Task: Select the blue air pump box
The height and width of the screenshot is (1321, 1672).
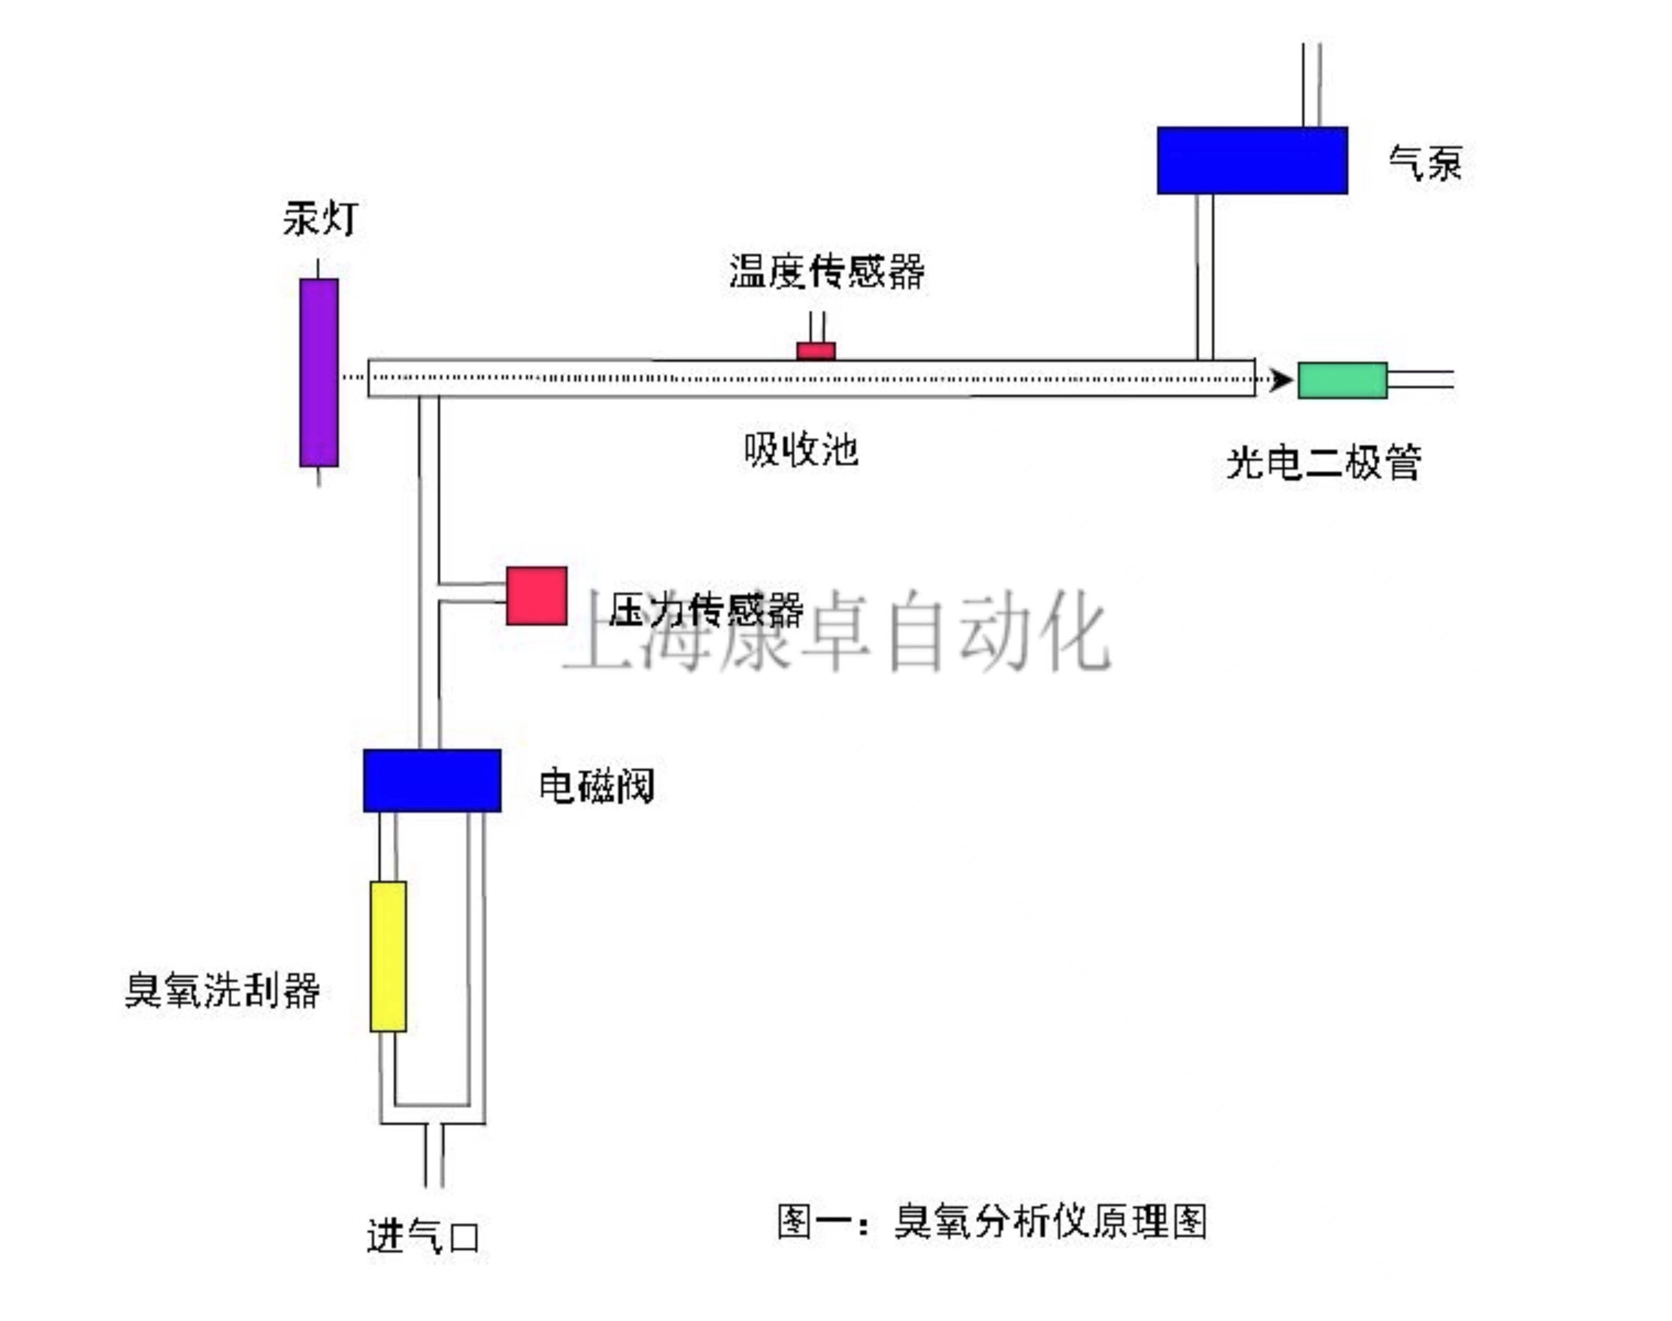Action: [x=1251, y=160]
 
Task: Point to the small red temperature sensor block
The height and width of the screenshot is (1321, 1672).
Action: [x=816, y=351]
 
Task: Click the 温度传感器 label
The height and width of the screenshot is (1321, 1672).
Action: [x=826, y=271]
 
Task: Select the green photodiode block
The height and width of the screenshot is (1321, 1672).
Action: [x=1342, y=380]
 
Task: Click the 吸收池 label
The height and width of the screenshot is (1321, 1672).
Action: [x=800, y=449]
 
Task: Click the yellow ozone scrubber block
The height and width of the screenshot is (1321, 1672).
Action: [x=388, y=956]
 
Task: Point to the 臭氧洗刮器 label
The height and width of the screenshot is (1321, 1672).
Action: [x=222, y=990]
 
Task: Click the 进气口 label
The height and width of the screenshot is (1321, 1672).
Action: [x=422, y=1236]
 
